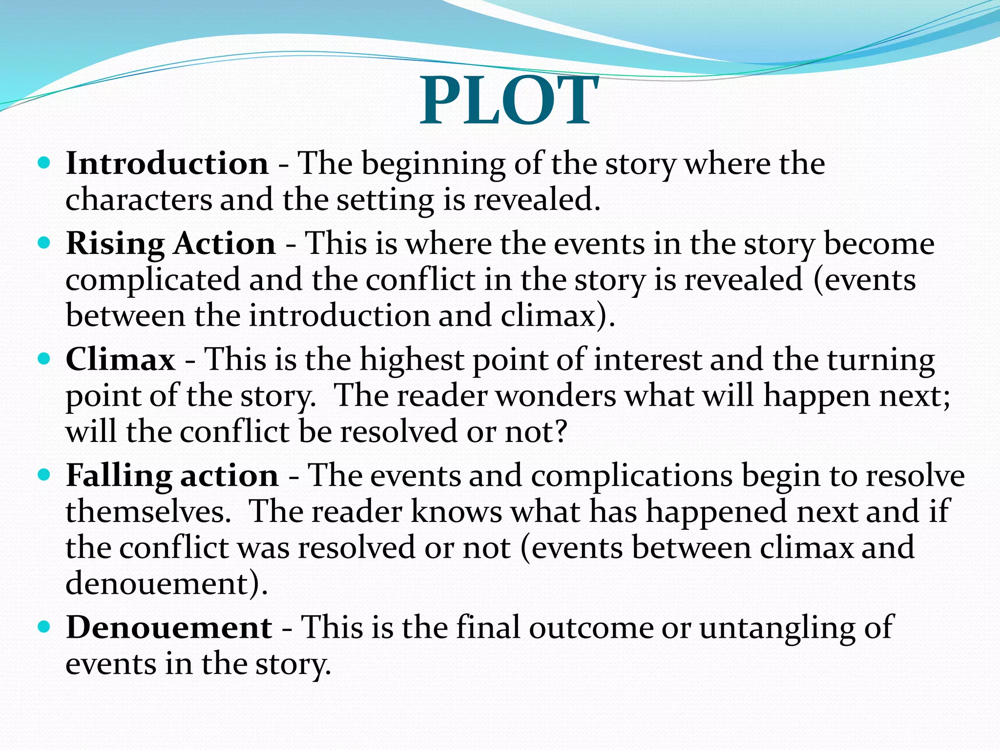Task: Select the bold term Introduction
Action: [x=167, y=163]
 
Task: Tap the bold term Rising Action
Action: [x=171, y=243]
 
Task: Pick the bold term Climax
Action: [x=121, y=359]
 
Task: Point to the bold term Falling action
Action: [x=172, y=476]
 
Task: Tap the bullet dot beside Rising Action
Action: [x=44, y=242]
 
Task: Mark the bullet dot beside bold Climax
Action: [x=44, y=359]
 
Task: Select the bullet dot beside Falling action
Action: [x=44, y=475]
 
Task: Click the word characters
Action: [x=139, y=200]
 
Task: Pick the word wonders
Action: [x=556, y=396]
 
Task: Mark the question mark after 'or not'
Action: [x=561, y=432]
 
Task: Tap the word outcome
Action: [x=591, y=627]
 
